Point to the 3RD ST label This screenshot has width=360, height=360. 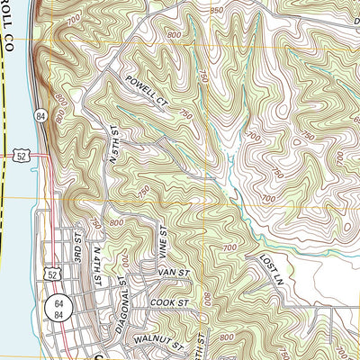[x=78, y=247]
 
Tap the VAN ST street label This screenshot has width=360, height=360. [x=175, y=272]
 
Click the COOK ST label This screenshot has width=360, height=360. [x=172, y=304]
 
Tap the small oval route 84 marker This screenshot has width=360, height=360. [x=40, y=116]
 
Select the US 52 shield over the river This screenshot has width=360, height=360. [x=19, y=156]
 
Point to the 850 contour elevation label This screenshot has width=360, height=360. [x=216, y=11]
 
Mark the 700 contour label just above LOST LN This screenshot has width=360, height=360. [x=229, y=247]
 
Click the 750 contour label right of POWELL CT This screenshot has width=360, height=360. [x=185, y=114]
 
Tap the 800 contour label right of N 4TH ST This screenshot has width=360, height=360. [x=116, y=222]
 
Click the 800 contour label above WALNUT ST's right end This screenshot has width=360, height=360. [x=223, y=337]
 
